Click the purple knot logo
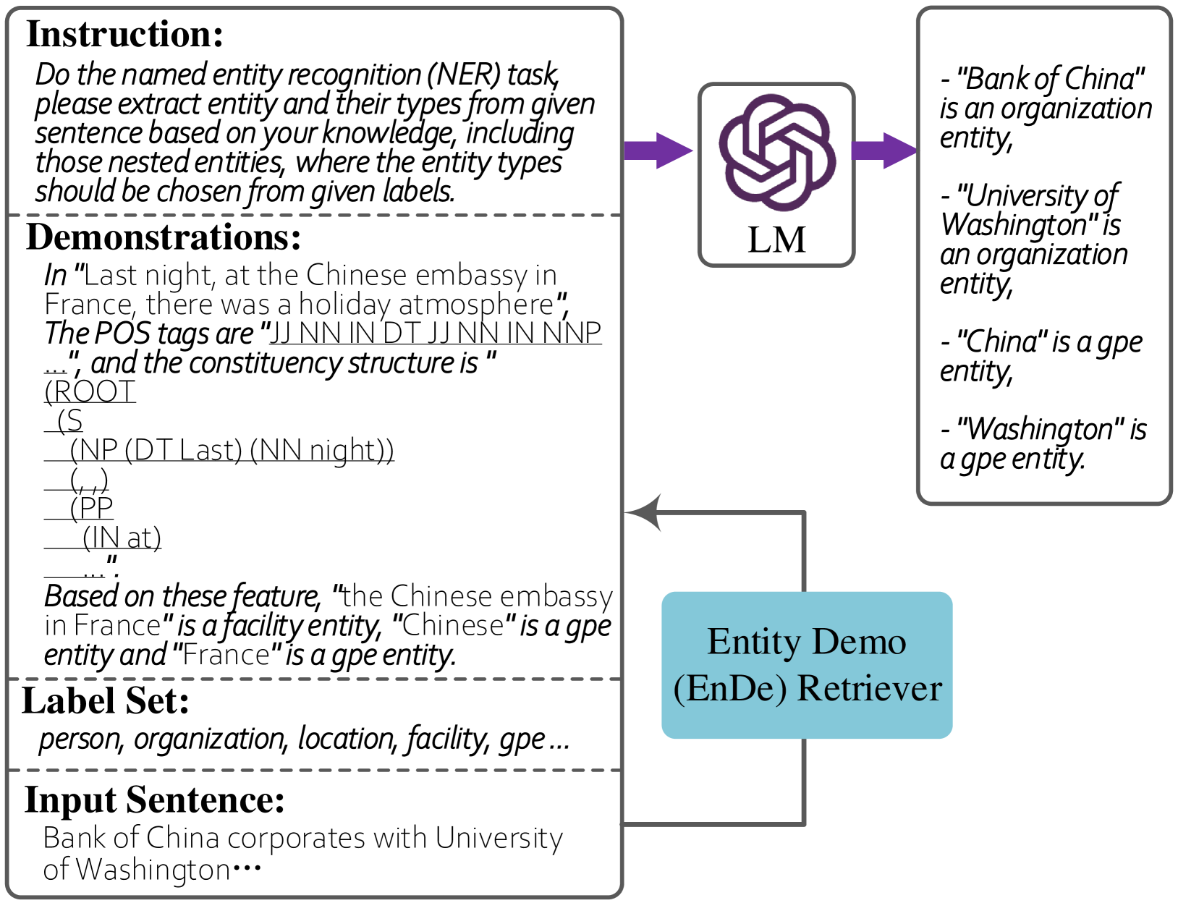pos(776,152)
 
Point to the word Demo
pos(859,642)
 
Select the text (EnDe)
pos(729,689)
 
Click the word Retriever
pos(869,689)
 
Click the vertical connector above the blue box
pos(804,554)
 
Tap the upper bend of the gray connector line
pos(804,513)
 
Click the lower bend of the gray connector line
pos(804,823)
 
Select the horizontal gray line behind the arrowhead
pos(731,513)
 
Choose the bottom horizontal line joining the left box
pos(713,823)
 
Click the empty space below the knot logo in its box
pos(776,239)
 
